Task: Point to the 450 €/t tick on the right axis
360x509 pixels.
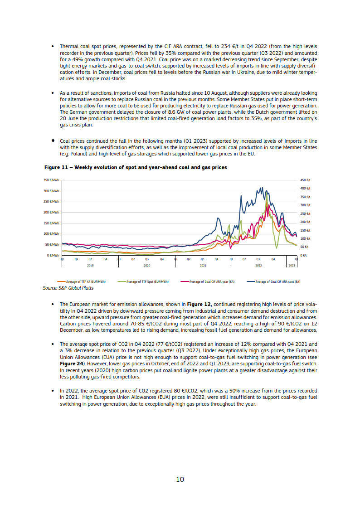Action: coord(305,180)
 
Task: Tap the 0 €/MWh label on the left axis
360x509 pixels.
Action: coord(53,256)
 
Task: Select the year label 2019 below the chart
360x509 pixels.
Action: coord(90,265)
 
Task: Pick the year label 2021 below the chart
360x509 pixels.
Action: coord(203,265)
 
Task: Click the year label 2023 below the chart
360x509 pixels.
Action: coord(292,265)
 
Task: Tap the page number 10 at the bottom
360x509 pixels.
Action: coord(180,479)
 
